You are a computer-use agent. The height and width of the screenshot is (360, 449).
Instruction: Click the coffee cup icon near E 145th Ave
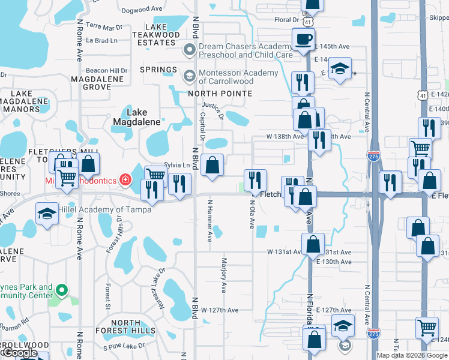(x=303, y=40)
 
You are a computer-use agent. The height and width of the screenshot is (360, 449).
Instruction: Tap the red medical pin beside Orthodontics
(x=125, y=179)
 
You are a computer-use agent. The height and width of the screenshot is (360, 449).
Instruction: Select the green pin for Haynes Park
(x=61, y=291)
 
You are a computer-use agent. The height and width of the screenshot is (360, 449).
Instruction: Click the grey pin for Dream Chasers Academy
(x=190, y=50)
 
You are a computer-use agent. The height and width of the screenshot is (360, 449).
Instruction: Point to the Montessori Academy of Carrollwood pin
(x=190, y=76)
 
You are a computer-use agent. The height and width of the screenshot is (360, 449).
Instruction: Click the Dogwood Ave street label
(x=142, y=10)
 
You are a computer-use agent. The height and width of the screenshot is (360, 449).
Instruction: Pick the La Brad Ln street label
(x=101, y=41)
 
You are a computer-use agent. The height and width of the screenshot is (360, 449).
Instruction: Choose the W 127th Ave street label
(x=220, y=310)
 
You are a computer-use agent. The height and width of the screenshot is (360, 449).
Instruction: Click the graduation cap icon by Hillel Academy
(x=46, y=214)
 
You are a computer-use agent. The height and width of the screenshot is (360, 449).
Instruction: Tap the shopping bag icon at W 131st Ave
(x=313, y=244)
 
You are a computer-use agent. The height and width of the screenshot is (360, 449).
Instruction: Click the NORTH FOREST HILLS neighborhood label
(x=125, y=326)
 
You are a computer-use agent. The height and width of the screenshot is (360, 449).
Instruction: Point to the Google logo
(x=20, y=353)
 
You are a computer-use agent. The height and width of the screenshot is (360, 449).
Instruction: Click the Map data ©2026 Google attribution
(x=411, y=355)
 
